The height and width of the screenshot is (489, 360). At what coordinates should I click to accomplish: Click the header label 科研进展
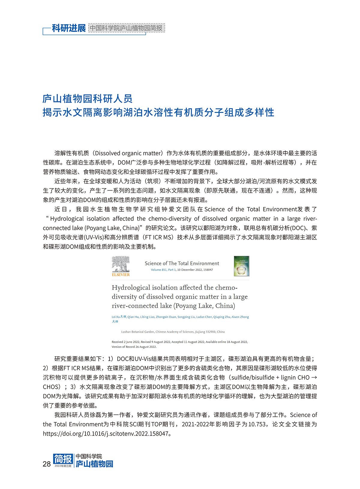(69, 28)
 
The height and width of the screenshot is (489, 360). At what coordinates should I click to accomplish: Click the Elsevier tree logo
(121, 264)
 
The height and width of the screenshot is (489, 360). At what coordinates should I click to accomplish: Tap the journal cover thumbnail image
(241, 266)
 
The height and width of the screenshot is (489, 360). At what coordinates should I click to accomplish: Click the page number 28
(46, 464)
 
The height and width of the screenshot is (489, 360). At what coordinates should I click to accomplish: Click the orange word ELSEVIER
(121, 275)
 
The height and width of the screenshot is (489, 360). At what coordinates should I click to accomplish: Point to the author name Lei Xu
(115, 317)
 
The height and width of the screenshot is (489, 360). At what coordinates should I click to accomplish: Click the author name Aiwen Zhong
(240, 317)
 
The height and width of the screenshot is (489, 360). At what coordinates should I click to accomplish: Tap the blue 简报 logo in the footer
(63, 459)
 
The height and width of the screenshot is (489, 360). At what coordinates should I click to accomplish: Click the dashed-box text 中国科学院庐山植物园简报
(126, 28)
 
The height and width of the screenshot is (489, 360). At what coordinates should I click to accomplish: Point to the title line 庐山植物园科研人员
(87, 99)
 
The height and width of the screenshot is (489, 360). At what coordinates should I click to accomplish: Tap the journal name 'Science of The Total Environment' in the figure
(182, 264)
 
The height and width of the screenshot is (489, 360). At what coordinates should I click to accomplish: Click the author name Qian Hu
(133, 317)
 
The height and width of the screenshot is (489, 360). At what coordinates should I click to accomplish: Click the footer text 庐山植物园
(94, 464)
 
